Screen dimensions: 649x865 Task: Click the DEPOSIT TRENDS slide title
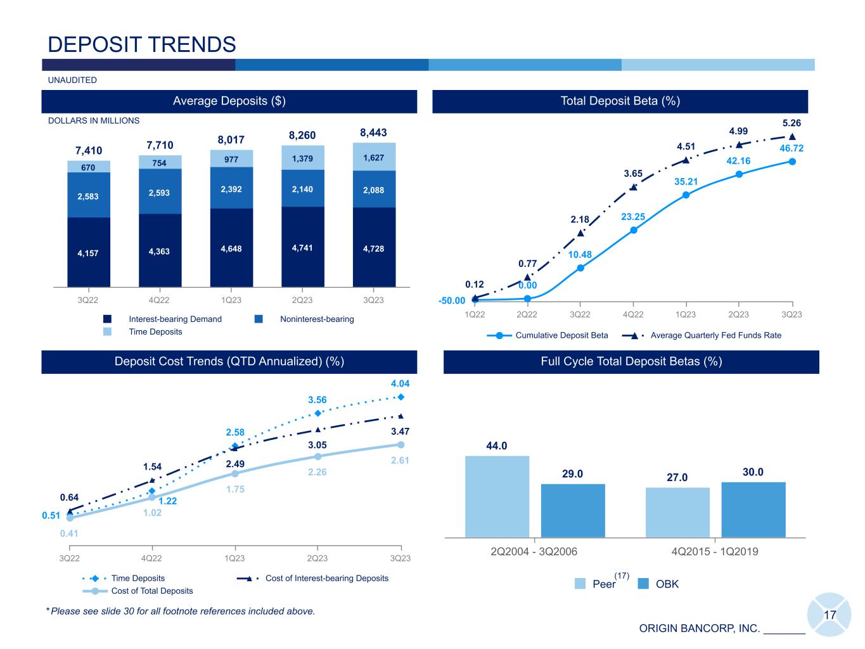[142, 44]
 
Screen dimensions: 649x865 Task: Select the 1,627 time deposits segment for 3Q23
[374, 157]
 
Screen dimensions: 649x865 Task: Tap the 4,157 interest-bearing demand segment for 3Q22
[89, 253]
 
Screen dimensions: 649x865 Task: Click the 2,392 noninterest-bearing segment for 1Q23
[231, 189]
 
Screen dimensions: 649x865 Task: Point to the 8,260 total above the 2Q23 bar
[302, 135]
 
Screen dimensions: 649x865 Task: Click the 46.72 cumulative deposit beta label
[791, 148]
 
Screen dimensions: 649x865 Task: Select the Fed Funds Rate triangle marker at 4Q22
[633, 187]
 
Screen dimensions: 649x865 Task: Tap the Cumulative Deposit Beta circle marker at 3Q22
[580, 268]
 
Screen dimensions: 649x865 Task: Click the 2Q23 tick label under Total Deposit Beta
[738, 314]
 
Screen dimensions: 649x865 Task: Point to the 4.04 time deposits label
[400, 383]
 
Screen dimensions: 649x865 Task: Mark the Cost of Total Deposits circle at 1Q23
[235, 473]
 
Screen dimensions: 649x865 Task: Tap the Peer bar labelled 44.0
[497, 496]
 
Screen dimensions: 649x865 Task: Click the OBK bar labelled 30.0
[753, 510]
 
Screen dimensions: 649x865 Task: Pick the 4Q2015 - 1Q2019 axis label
[714, 551]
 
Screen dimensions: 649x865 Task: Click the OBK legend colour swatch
[643, 584]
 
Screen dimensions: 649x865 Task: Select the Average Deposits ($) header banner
[229, 101]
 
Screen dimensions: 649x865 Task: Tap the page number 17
[830, 615]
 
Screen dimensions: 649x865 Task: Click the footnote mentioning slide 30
[181, 611]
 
